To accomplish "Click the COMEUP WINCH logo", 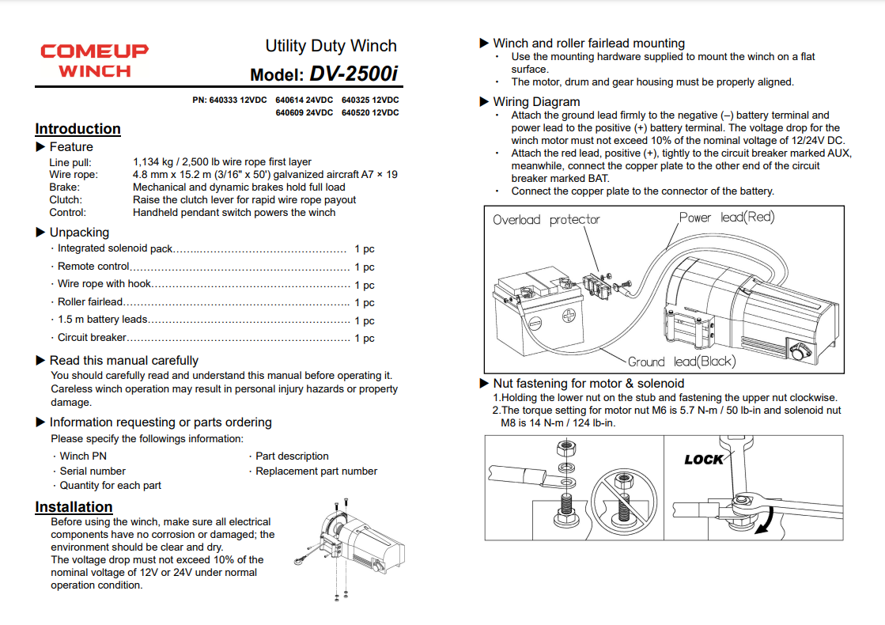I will coord(94,60).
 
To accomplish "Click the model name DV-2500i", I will coord(354,74).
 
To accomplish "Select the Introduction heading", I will coord(78,129).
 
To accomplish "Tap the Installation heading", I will coord(74,507).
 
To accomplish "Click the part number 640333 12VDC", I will coord(229,101).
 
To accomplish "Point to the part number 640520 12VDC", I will coord(370,113).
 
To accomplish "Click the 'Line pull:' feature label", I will coord(70,162).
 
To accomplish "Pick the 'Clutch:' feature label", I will coord(66,200).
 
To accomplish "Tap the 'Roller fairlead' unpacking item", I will coord(90,301).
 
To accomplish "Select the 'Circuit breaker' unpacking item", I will coord(92,338).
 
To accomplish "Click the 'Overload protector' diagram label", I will coord(547,220).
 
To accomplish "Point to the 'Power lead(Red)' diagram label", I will coord(726,218).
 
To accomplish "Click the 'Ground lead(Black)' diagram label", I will coord(681,362).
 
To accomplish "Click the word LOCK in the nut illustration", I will coord(703,460).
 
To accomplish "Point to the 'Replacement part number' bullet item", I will coord(316,471).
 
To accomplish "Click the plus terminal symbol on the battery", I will coord(568,315).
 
